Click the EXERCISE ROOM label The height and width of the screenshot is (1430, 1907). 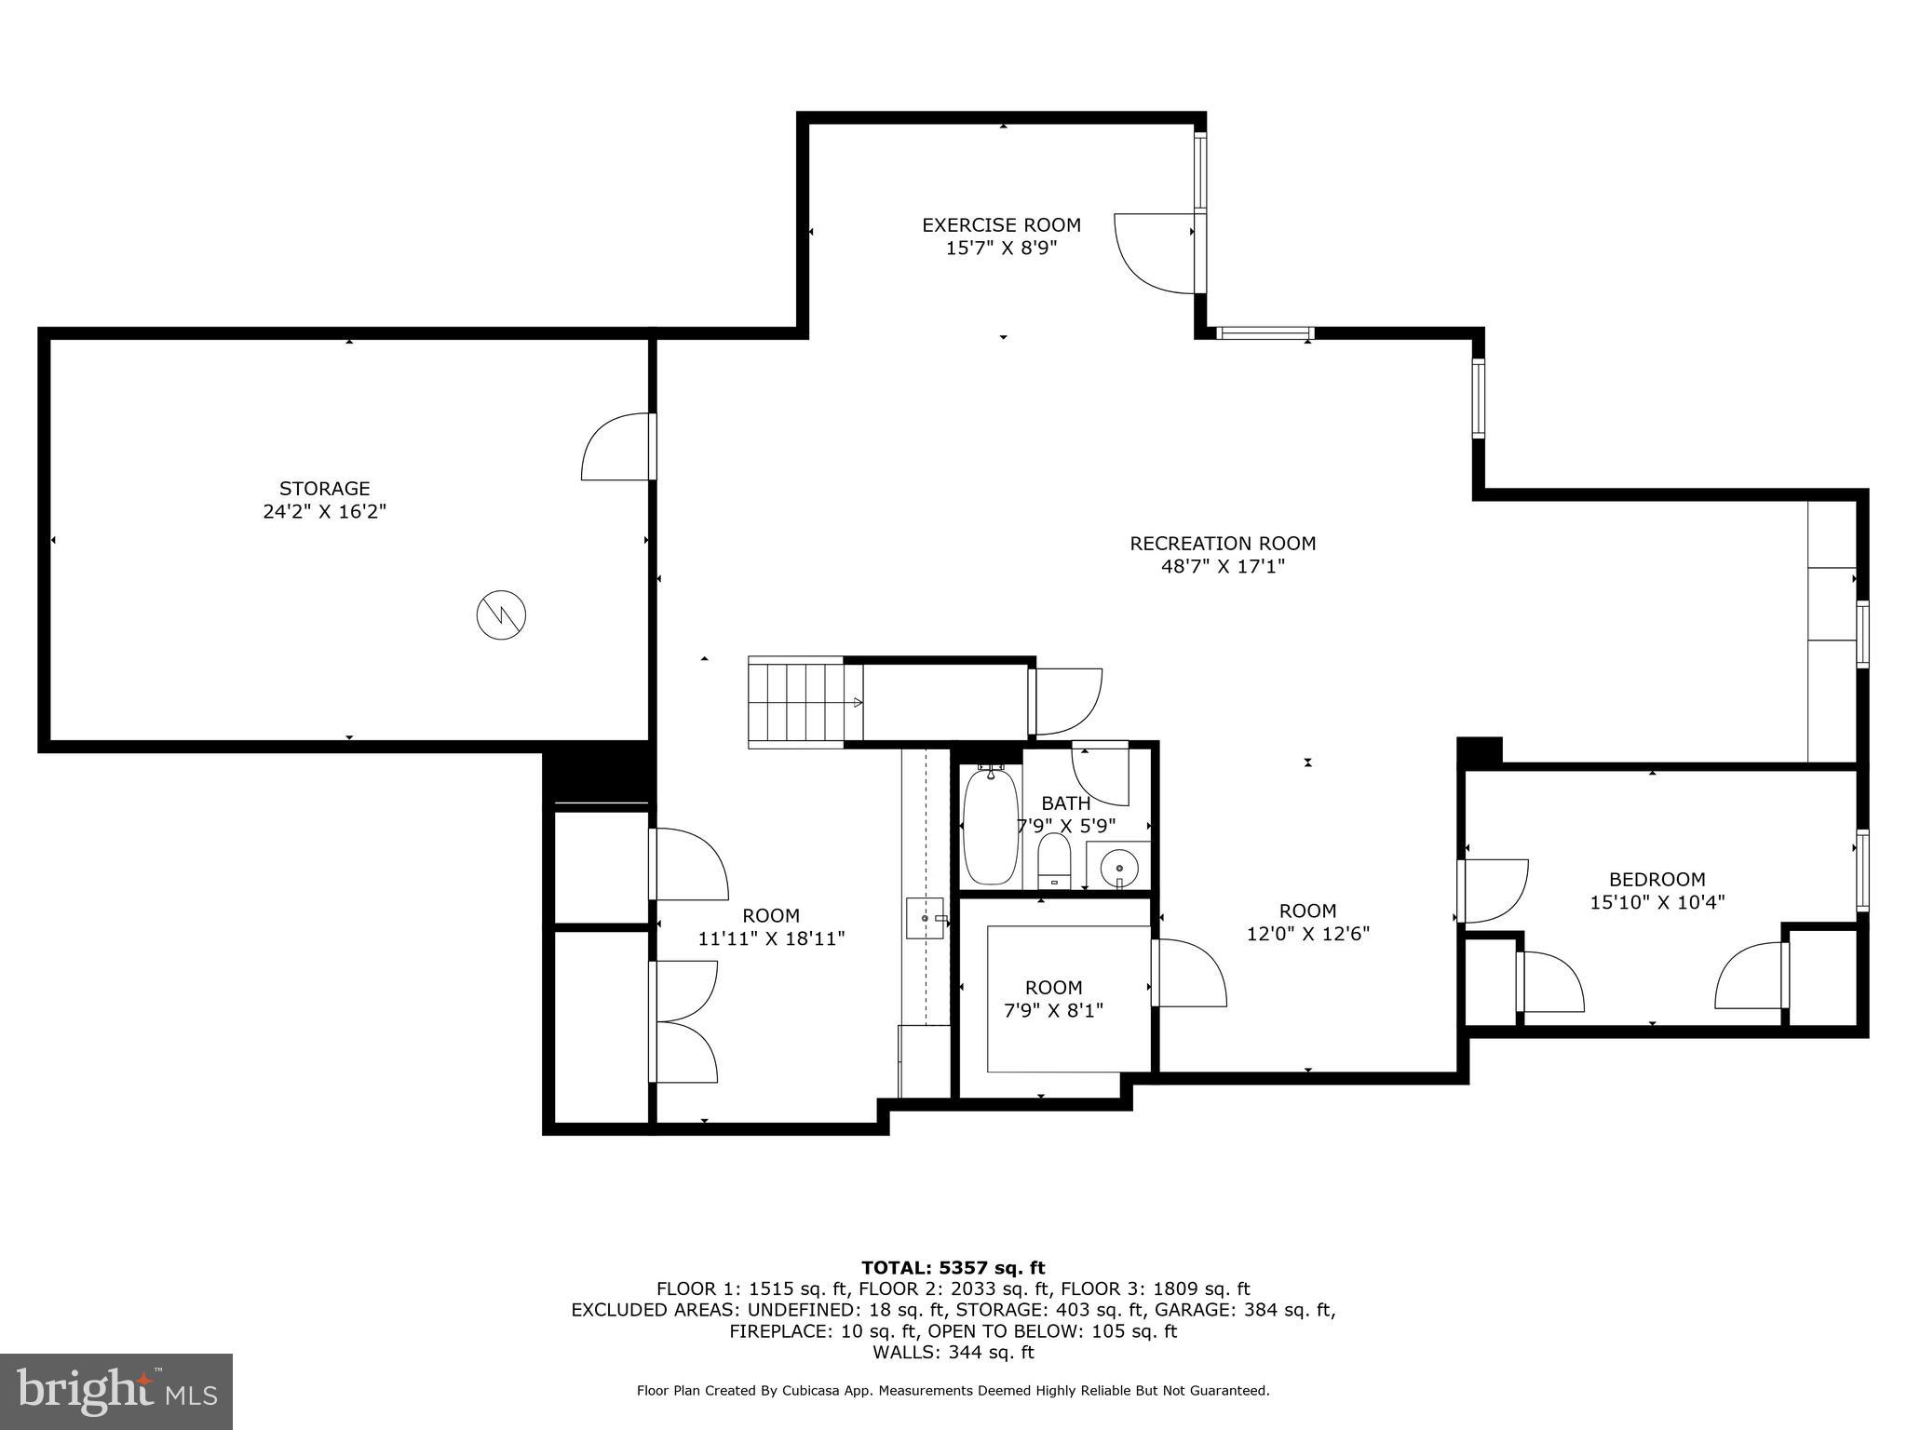point(1001,225)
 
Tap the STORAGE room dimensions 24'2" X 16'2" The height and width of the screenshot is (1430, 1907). point(324,511)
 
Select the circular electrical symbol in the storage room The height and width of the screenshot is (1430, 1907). point(501,614)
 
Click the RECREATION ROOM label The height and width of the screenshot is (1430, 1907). point(1223,544)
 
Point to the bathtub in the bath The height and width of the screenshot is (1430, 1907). point(990,827)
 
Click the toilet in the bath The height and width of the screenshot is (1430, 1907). point(1054,860)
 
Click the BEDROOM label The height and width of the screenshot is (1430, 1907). point(1657,879)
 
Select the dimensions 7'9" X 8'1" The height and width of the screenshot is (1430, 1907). point(1053,1010)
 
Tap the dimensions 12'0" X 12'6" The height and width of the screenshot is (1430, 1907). point(1307,934)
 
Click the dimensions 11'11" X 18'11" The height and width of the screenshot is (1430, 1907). point(771,938)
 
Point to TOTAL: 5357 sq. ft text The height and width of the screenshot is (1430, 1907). point(953,1267)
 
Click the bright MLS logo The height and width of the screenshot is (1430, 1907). point(116,1391)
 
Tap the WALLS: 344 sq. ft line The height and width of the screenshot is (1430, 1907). point(953,1352)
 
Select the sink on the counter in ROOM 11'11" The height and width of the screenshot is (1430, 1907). point(926,918)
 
